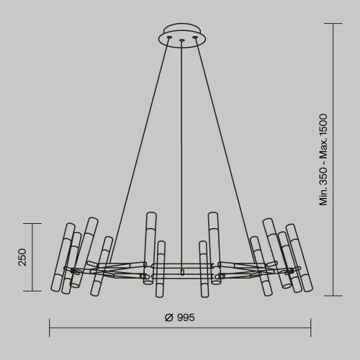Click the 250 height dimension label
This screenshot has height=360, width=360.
point(22,257)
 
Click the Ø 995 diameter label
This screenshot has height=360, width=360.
point(180,318)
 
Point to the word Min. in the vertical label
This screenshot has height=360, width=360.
point(323,197)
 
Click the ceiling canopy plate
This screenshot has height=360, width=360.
point(182,36)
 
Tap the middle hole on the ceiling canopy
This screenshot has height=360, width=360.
point(182,40)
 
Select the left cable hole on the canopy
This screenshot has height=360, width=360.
point(169,37)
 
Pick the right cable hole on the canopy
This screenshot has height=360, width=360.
point(195,37)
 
